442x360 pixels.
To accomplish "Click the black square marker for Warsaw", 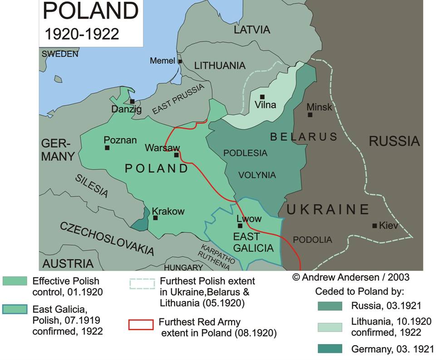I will pyautogui.click(x=177, y=155).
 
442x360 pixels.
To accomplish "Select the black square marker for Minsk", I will pyautogui.click(x=310, y=115).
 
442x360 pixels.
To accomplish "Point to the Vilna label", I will pyautogui.click(x=265, y=105).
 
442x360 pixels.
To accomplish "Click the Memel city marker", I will pyautogui.click(x=180, y=62).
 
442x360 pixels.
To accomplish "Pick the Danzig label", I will pyautogui.click(x=127, y=109).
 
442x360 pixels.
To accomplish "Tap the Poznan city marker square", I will pyautogui.click(x=107, y=148).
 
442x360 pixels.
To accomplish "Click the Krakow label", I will pyautogui.click(x=168, y=211).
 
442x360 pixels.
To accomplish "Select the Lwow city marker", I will pyautogui.click(x=240, y=226).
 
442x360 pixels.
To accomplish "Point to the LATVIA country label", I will pyautogui.click(x=252, y=30).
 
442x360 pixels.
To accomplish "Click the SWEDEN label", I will pyautogui.click(x=60, y=54).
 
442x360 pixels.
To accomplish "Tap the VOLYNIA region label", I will pyautogui.click(x=257, y=175).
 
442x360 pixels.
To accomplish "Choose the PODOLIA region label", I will pyautogui.click(x=313, y=239).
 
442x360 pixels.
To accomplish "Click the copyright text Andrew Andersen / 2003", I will pyautogui.click(x=351, y=276).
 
